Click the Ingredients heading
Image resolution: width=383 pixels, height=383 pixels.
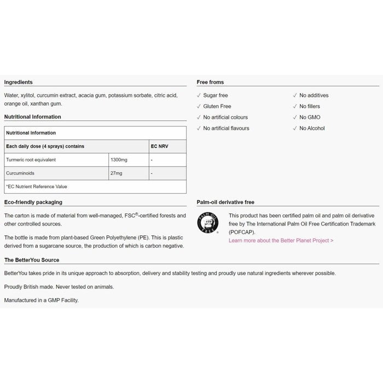coord(19,82)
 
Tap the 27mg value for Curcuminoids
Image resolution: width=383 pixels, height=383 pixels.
coord(117,173)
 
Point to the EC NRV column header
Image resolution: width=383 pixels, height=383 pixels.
coord(159,147)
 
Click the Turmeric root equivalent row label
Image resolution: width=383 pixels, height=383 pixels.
coord(31,160)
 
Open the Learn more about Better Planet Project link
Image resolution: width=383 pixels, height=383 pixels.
coord(281,240)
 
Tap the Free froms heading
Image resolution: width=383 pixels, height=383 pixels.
coord(210,82)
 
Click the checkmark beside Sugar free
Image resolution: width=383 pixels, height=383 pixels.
coord(199,95)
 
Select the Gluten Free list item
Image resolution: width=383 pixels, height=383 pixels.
coord(217,106)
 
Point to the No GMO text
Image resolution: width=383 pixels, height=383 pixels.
coord(310,117)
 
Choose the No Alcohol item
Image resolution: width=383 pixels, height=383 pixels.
coord(312,128)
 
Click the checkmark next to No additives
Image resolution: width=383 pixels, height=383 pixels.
coord(295,95)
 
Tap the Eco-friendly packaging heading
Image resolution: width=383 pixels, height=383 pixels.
coord(33,202)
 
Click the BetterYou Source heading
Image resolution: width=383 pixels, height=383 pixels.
coord(32,260)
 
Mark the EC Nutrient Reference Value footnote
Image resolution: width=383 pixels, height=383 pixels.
coord(37,187)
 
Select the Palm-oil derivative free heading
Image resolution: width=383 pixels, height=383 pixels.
coord(225,202)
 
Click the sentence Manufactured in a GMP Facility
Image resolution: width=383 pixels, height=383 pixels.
coord(42,300)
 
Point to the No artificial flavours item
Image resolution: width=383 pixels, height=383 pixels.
coord(226,128)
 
